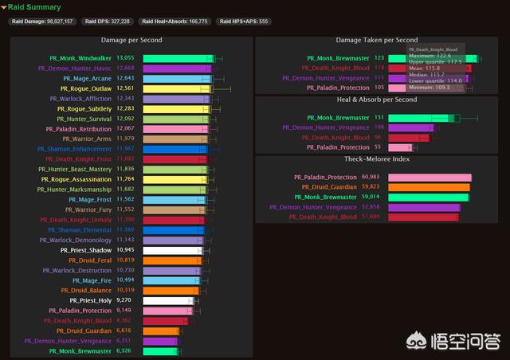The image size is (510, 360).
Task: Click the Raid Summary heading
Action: (x=34, y=7)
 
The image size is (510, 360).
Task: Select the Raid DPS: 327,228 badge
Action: (x=108, y=22)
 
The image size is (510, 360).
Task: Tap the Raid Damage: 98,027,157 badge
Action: (x=43, y=22)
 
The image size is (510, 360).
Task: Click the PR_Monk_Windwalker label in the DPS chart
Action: (x=80, y=58)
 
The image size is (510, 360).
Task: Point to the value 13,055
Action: (x=125, y=58)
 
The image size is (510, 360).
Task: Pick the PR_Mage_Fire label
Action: (x=92, y=280)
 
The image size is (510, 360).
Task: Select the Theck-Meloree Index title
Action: (x=378, y=159)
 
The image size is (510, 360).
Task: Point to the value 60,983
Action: (x=370, y=177)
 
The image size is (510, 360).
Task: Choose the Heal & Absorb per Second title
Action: (x=377, y=100)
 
